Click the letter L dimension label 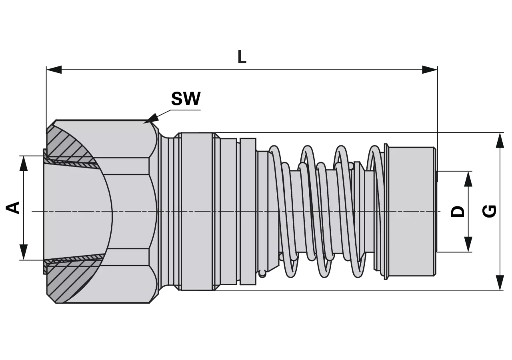(x=242, y=57)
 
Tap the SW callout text (x=186, y=99)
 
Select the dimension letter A (x=13, y=208)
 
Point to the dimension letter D (x=458, y=212)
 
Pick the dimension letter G (x=489, y=211)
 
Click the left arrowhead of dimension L (x=54, y=70)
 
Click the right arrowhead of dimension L (x=430, y=70)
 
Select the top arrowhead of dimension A (x=24, y=164)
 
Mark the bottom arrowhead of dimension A (x=24, y=252)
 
